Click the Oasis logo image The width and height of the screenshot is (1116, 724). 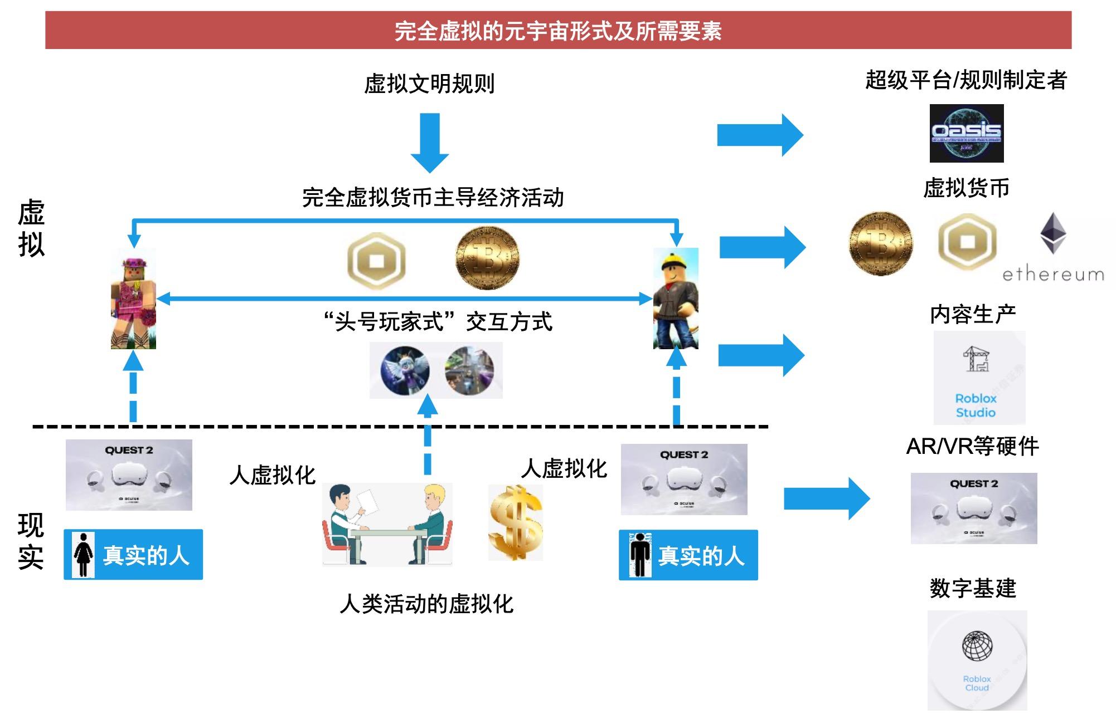pyautogui.click(x=966, y=133)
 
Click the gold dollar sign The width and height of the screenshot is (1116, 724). pyautogui.click(x=515, y=522)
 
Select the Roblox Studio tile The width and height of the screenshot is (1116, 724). pyautogui.click(x=979, y=378)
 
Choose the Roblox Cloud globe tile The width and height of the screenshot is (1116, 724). pyautogui.click(x=977, y=660)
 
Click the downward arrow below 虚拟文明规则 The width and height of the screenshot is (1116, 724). pyautogui.click(x=430, y=142)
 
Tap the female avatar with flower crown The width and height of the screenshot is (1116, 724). pyautogui.click(x=133, y=300)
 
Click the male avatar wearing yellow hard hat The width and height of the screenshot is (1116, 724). pyautogui.click(x=676, y=299)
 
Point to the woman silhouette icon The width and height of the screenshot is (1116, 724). pyautogui.click(x=84, y=555)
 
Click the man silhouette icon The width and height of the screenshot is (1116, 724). pyautogui.click(x=640, y=555)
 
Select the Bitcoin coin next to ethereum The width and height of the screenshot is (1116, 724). pyautogui.click(x=881, y=243)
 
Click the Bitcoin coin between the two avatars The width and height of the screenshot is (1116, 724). pyautogui.click(x=487, y=257)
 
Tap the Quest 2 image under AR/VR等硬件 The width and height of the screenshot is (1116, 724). pyautogui.click(x=973, y=508)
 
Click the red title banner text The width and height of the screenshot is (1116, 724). pyautogui.click(x=558, y=31)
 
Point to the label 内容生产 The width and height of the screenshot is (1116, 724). pyautogui.click(x=973, y=315)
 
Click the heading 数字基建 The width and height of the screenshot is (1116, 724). pyautogui.click(x=973, y=588)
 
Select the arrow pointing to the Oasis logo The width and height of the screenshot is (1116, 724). pyautogui.click(x=759, y=135)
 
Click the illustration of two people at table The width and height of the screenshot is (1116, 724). pyautogui.click(x=387, y=525)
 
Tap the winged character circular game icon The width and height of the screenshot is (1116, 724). pyautogui.click(x=405, y=370)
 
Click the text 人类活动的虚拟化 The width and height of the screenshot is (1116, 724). pyautogui.click(x=426, y=604)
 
